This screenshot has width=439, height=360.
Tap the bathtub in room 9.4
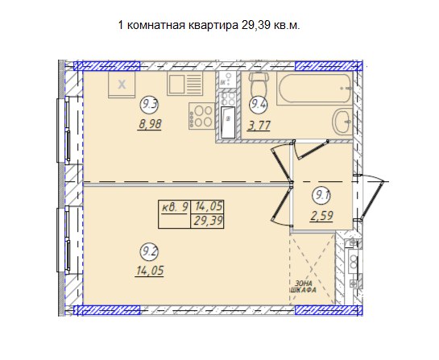tap(314, 89)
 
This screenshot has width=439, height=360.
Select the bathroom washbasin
tap(342, 122)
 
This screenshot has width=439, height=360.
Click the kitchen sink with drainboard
tap(184, 83)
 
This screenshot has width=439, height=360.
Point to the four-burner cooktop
tap(201, 116)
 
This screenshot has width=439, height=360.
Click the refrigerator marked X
tap(122, 85)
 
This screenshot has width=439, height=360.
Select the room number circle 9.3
tap(149, 105)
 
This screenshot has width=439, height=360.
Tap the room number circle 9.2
tap(149, 252)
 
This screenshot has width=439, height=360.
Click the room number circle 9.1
tap(321, 196)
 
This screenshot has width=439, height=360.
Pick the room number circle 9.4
tap(259, 105)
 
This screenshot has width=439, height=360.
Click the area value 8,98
tap(150, 124)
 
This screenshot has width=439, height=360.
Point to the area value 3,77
tap(259, 126)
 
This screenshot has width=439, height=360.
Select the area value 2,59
tap(321, 217)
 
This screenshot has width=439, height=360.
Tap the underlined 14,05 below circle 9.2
tap(150, 271)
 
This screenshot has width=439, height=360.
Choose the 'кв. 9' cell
tap(175, 208)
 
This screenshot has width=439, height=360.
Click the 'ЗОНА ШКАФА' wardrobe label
tap(303, 287)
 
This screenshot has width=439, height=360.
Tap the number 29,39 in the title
tap(256, 25)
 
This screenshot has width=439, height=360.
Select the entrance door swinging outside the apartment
tap(371, 197)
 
